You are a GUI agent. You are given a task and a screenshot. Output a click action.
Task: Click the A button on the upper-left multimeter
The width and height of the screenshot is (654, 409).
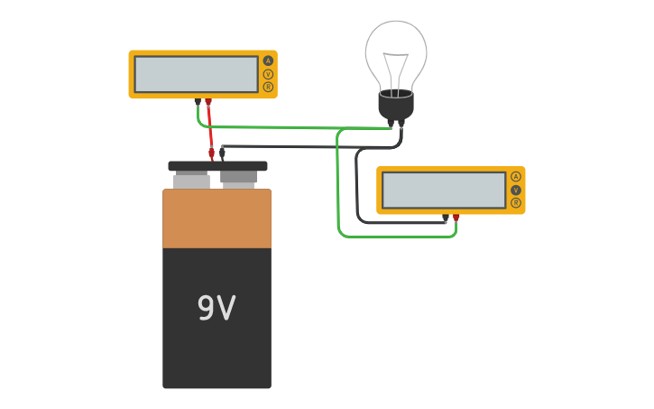(268, 60)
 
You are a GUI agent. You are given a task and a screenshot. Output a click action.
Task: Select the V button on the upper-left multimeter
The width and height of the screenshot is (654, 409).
(268, 74)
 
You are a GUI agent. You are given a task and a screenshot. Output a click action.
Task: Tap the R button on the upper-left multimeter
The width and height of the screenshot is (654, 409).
(268, 87)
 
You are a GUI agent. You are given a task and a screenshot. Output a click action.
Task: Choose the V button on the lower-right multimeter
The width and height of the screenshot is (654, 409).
(516, 191)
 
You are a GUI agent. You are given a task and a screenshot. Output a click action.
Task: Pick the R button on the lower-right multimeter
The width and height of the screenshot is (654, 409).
(516, 203)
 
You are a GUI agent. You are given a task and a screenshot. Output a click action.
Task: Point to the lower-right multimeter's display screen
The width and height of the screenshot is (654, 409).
(444, 191)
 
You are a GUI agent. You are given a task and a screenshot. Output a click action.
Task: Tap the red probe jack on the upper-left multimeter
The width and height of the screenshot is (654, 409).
(208, 101)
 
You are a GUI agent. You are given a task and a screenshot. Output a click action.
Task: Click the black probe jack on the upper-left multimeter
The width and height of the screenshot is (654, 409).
(198, 101)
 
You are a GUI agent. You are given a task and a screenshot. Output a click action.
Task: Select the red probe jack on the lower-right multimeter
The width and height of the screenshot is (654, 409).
(456, 218)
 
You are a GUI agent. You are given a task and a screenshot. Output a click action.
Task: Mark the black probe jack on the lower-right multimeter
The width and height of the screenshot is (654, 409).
(446, 218)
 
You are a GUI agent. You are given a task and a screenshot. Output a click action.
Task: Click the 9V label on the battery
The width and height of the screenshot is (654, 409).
(216, 309)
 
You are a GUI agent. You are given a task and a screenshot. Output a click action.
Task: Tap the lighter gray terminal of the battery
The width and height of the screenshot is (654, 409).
(191, 181)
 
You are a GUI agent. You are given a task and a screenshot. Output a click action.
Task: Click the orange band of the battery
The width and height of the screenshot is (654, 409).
(216, 218)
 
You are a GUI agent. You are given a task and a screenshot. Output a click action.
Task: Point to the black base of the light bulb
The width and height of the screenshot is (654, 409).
(396, 106)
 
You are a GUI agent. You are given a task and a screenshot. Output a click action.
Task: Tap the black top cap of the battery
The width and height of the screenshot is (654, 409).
(217, 166)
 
